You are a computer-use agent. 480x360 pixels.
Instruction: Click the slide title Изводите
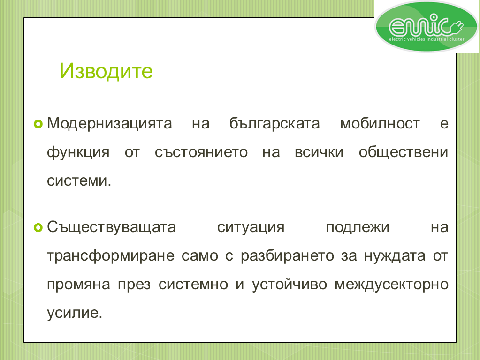tap(106, 71)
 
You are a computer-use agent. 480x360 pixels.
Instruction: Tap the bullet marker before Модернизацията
tap(38, 124)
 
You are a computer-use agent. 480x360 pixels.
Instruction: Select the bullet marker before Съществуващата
tap(38, 227)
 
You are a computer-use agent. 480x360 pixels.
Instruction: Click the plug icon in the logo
tap(456, 27)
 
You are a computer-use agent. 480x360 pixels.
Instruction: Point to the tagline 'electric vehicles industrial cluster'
tap(427, 39)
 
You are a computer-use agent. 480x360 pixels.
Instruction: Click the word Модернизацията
tap(109, 124)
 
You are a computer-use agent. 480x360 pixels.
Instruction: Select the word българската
tap(274, 124)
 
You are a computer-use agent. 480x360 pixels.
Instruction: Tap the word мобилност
tap(380, 124)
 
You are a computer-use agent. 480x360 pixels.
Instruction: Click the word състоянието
tap(201, 152)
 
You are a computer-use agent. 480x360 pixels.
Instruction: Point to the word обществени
tap(404, 152)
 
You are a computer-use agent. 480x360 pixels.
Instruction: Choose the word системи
tap(79, 181)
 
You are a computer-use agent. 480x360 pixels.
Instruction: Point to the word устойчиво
tap(290, 285)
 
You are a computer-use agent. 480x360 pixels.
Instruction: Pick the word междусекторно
tap(391, 285)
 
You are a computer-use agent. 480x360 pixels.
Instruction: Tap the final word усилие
tap(75, 313)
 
